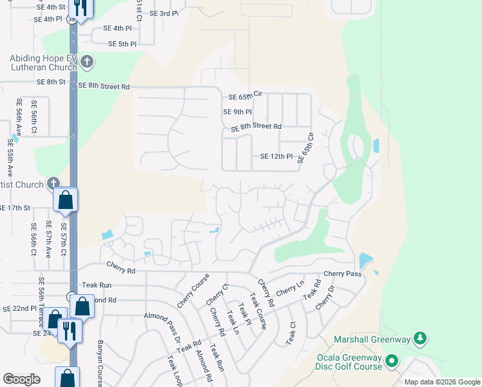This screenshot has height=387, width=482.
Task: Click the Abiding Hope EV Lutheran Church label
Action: (43, 63)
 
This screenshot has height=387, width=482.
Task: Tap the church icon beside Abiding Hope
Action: (88, 63)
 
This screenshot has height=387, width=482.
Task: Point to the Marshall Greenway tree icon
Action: (420, 339)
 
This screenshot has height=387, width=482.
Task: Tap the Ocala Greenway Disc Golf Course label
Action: (349, 362)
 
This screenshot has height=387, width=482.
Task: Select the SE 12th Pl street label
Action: (276, 157)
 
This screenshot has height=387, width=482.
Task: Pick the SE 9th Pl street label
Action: (236, 112)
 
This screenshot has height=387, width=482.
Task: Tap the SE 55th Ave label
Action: (10, 158)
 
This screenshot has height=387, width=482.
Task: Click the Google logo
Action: (21, 379)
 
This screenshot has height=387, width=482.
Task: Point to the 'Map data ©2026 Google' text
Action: (441, 382)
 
